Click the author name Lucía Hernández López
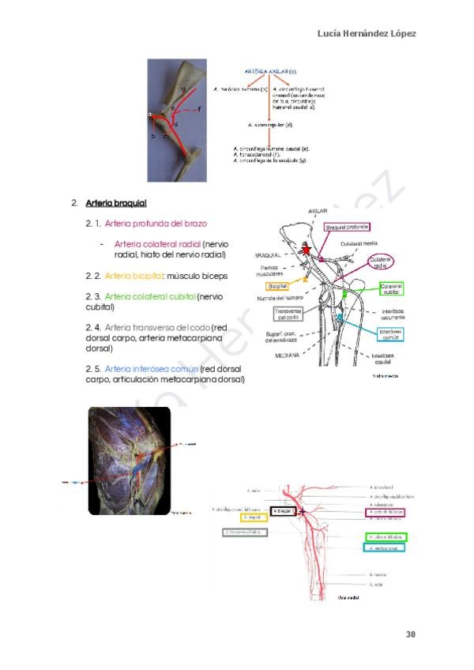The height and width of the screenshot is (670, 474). pos(367,34)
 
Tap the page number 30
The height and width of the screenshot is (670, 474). pos(411,634)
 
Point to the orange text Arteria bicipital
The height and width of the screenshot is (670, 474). pos(134,276)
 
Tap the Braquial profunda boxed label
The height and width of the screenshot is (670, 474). pos(348,228)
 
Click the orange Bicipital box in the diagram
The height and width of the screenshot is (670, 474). pos(277,285)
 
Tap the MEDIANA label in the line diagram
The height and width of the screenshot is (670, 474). pos(288,356)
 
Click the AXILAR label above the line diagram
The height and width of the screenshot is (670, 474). pos(318,212)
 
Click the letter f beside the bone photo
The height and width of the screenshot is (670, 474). pos(198,107)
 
